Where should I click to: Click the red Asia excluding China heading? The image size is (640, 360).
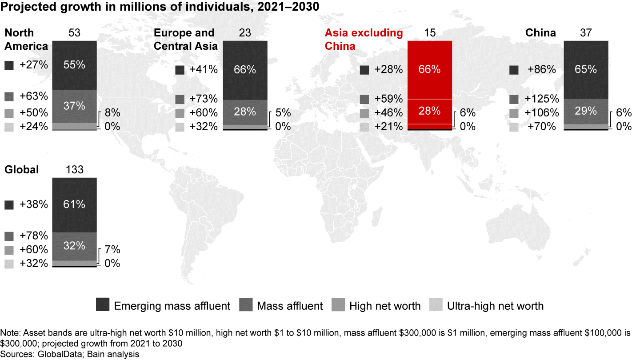[x=364, y=39]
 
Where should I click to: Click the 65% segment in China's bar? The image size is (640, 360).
[x=585, y=69]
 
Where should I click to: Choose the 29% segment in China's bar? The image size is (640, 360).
[x=585, y=111]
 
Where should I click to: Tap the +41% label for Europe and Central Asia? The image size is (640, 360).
[x=203, y=70]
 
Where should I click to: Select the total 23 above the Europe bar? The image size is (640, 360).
[x=245, y=33]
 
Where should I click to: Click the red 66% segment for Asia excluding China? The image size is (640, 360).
[x=429, y=69]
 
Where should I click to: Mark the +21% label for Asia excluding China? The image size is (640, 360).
[x=388, y=126]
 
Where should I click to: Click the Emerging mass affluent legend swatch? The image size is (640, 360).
[x=102, y=305]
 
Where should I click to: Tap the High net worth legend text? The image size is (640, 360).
[x=385, y=306]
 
